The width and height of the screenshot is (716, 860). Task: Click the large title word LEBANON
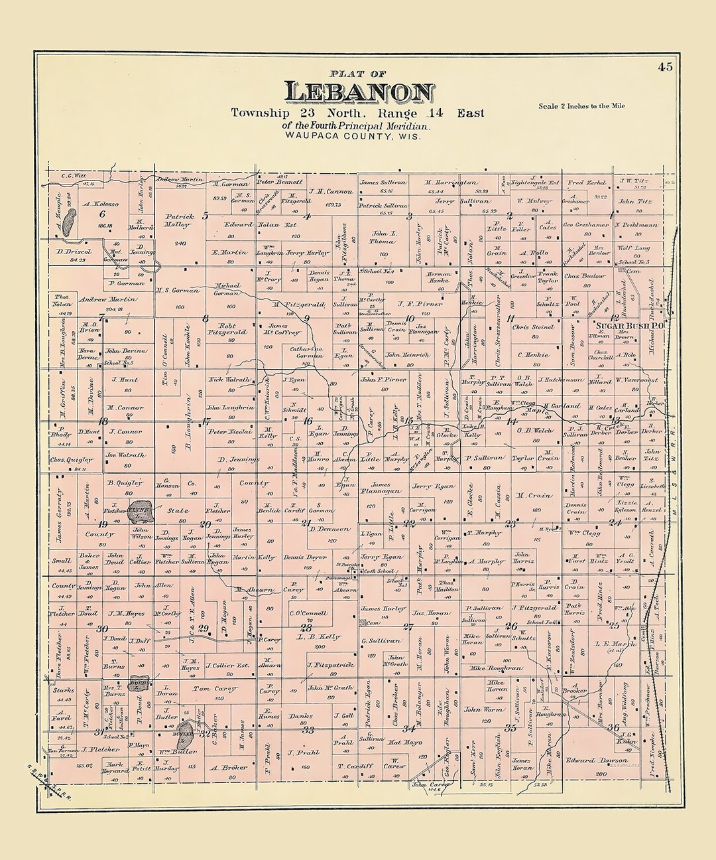click(x=359, y=92)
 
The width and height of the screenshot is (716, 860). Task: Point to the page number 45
click(x=665, y=66)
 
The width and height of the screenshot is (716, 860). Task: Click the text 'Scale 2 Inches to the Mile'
click(x=581, y=106)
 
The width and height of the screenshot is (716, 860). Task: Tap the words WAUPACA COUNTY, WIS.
click(x=355, y=135)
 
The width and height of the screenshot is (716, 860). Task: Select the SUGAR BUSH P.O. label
click(x=625, y=327)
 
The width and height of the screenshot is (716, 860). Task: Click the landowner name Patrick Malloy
click(x=177, y=220)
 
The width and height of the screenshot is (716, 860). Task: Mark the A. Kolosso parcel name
click(x=101, y=204)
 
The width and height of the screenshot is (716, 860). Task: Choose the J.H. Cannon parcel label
click(x=330, y=192)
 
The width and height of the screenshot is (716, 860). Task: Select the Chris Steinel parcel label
click(x=532, y=327)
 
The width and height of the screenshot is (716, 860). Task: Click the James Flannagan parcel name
click(x=379, y=488)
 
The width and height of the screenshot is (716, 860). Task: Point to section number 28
click(x=306, y=627)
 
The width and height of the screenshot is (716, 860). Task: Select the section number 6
click(x=102, y=214)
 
